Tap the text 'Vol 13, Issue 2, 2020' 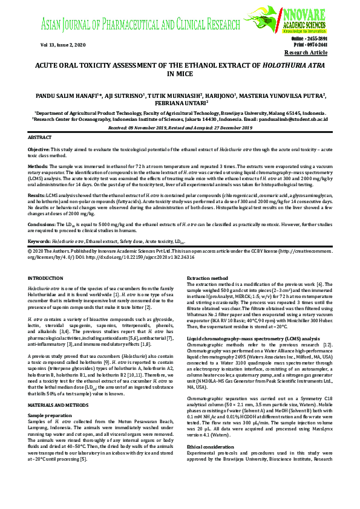point(63,45)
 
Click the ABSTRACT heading point(40,138)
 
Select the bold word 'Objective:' point(39,149)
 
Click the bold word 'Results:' point(37,196)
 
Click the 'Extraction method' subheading point(208,278)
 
